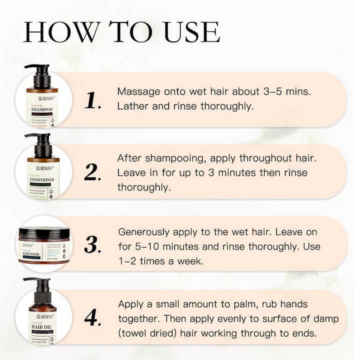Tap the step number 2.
point(93,172)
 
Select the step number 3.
point(93,244)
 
